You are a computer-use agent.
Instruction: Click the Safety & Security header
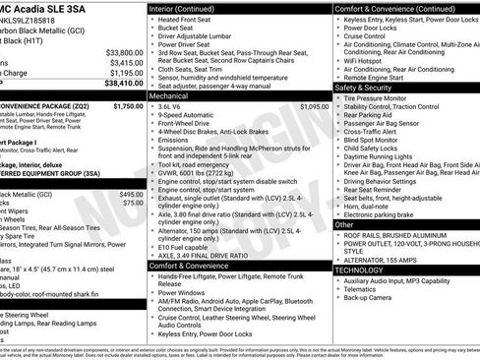tap(363, 87)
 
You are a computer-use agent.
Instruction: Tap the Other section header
tap(344, 224)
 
